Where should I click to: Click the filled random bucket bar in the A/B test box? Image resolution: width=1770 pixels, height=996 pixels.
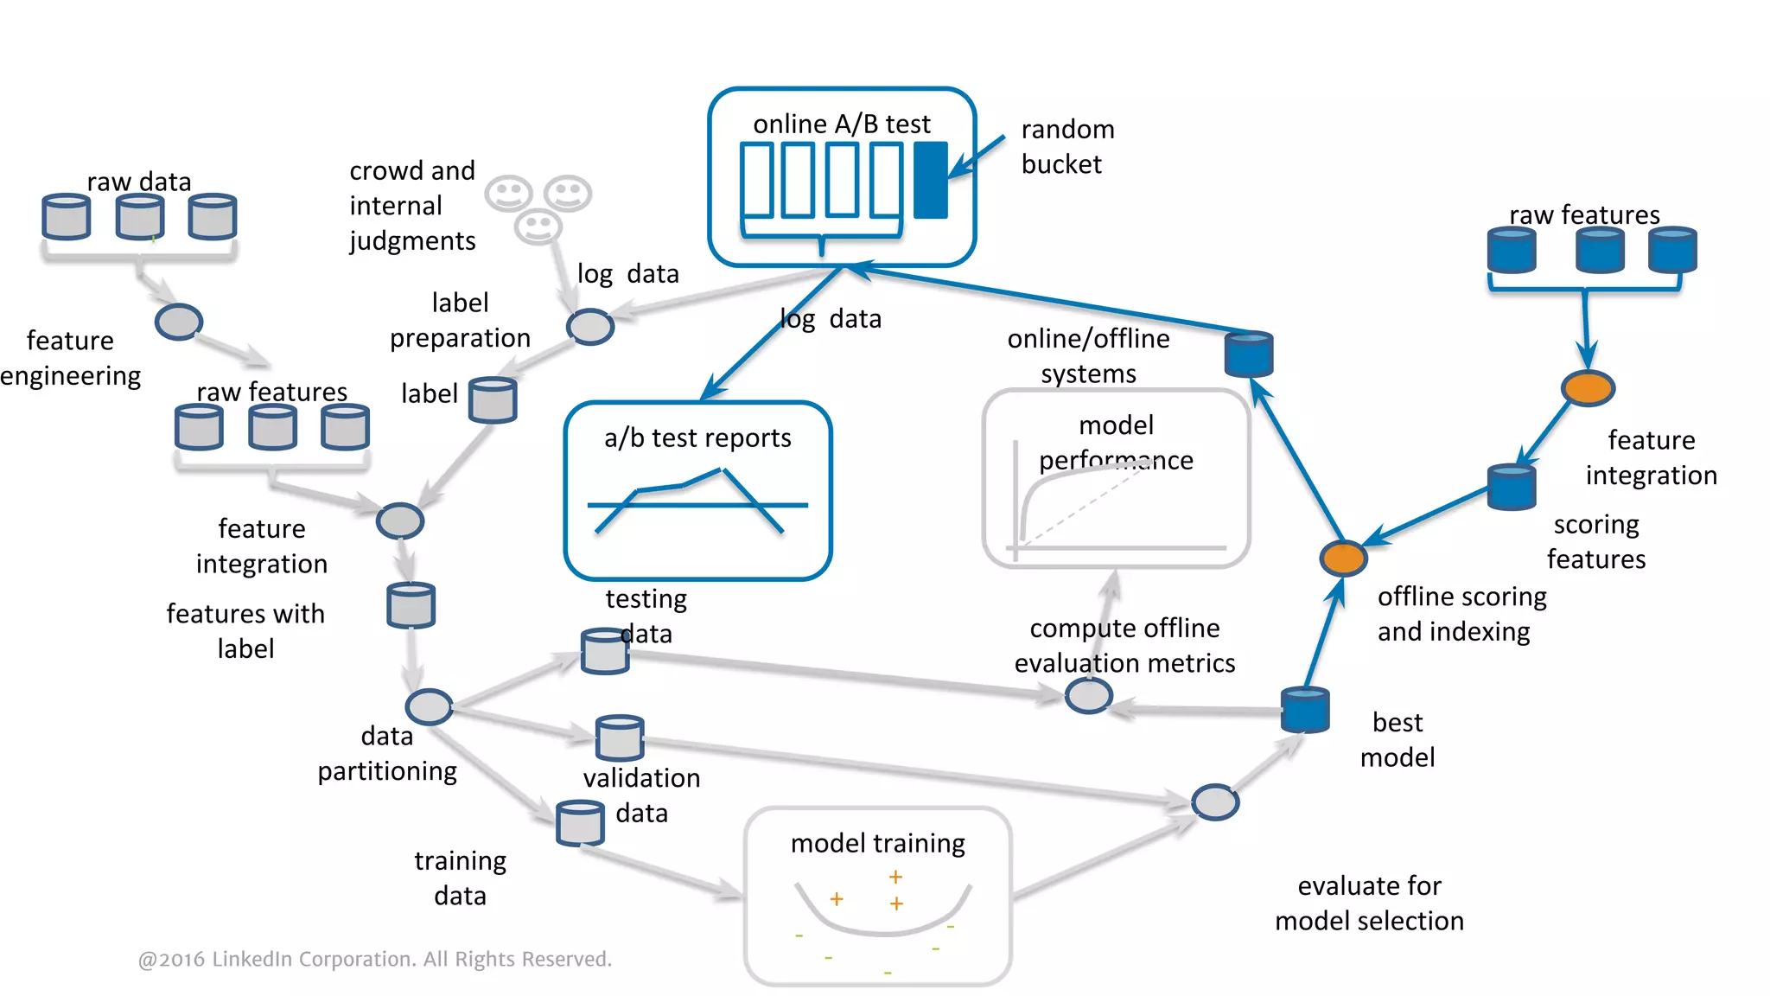point(930,180)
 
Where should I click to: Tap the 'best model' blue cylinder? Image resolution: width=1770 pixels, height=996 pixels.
point(1304,710)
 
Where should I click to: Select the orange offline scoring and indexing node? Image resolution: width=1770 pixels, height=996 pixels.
point(1342,559)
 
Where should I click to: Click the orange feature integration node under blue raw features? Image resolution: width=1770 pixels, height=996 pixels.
point(1588,388)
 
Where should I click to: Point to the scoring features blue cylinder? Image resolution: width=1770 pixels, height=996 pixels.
point(1511,487)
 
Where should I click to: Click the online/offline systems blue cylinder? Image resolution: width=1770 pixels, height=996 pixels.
point(1249,354)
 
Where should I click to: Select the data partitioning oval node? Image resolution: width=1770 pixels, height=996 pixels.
point(429,707)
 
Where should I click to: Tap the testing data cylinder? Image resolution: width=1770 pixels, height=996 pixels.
point(604,651)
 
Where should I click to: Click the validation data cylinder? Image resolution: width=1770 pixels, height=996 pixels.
point(619,737)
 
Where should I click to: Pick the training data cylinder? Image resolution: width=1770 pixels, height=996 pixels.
point(579,823)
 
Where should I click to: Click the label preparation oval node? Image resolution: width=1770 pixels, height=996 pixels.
point(589,327)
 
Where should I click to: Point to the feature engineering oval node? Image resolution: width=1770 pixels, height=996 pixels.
point(178,322)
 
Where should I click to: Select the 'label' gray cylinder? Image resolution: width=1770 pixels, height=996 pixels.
point(493,399)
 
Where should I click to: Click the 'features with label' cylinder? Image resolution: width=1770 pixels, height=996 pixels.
point(411,605)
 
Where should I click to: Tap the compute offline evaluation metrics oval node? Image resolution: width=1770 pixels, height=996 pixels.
point(1087,695)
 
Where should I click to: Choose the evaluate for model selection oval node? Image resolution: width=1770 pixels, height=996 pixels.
point(1214,802)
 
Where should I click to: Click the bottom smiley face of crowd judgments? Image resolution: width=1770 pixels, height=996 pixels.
point(538,227)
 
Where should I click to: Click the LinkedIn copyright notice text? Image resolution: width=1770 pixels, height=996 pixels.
point(374,959)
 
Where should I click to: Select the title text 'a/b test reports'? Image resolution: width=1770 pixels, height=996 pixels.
point(697,437)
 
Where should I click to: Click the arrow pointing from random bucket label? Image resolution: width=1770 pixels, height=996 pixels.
point(977,157)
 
